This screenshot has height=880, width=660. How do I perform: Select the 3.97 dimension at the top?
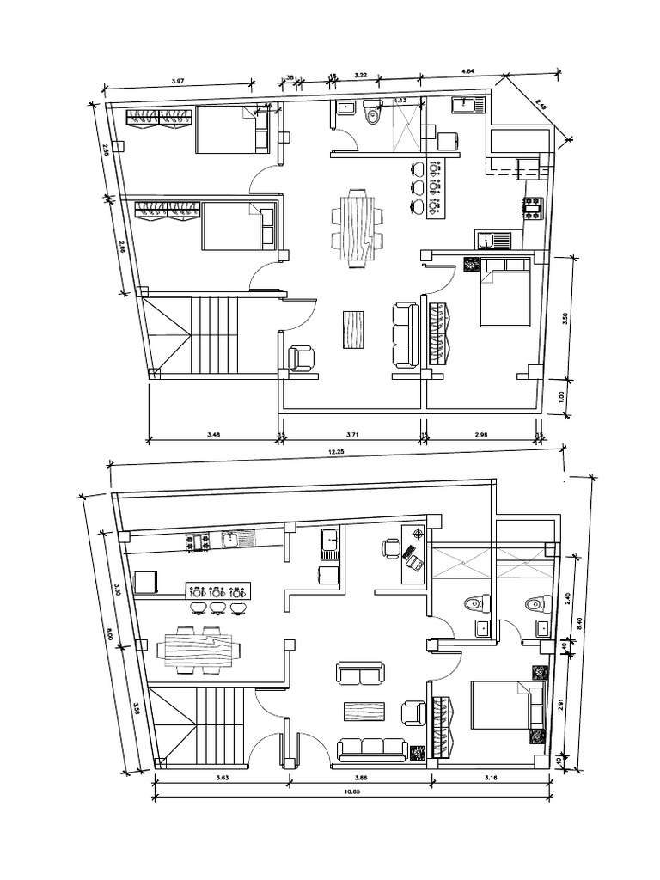[178, 81]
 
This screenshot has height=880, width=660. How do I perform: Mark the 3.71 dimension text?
[351, 434]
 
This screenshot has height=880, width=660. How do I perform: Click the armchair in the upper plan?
[302, 357]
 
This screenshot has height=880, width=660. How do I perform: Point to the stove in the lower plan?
[197, 541]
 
